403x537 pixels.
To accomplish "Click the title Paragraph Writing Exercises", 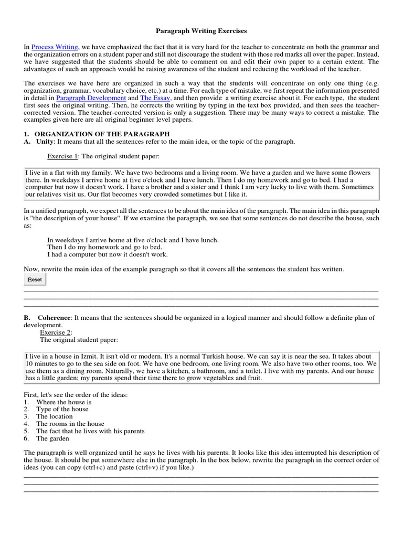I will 202,31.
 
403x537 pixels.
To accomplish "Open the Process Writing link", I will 55,47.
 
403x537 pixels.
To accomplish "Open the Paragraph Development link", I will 91,98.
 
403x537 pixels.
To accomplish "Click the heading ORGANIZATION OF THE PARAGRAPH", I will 99,134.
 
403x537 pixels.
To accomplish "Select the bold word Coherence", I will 54,318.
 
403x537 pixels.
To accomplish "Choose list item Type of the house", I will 62,409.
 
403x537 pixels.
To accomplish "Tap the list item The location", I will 54,416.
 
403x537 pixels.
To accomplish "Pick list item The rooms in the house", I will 70,424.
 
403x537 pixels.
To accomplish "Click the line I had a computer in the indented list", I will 107,255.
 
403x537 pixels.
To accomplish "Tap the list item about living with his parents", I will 90,431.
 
